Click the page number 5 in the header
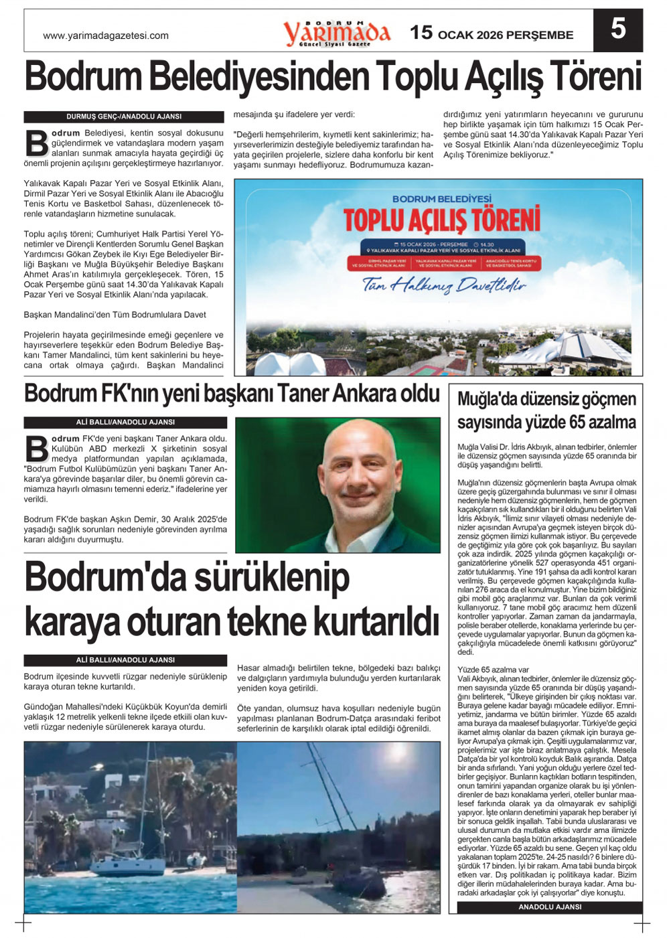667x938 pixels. pyautogui.click(x=617, y=30)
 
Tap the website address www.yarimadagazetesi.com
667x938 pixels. pyautogui.click(x=106, y=35)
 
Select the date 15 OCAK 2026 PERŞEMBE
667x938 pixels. pyautogui.click(x=492, y=33)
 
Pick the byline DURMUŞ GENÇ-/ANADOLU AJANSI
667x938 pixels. pyautogui.click(x=124, y=116)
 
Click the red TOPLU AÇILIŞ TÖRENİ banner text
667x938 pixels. pyautogui.click(x=442, y=220)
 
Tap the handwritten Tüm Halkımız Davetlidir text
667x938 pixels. pyautogui.click(x=443, y=286)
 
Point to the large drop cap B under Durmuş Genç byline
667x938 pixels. pyautogui.click(x=36, y=143)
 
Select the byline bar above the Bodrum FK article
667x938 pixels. pyautogui.click(x=125, y=422)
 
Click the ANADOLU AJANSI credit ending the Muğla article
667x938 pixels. pyautogui.click(x=550, y=907)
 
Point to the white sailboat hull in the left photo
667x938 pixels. pyautogui.click(x=131, y=868)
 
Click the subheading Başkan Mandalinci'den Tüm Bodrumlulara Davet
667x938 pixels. pyautogui.click(x=115, y=315)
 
